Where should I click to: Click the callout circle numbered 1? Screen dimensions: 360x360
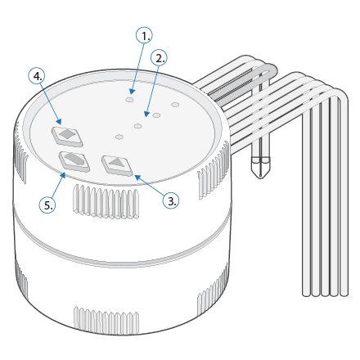point(144,35)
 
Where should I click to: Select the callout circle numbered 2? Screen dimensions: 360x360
point(159,57)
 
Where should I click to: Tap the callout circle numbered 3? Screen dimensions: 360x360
point(171,200)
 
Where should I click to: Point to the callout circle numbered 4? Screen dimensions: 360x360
point(37,76)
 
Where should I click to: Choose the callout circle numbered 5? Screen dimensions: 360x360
point(47,205)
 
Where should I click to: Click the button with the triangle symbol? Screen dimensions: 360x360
point(117,165)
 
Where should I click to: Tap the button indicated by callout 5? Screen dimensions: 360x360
point(74,161)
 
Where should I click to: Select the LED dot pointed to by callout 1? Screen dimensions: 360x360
point(129,100)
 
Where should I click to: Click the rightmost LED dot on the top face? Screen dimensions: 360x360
point(175,105)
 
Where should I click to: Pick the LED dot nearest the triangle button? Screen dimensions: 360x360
point(119,137)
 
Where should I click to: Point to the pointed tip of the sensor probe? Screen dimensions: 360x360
point(261,178)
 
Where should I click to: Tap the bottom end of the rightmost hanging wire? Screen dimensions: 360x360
point(344,295)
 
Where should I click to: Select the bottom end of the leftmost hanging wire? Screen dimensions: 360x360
point(307,295)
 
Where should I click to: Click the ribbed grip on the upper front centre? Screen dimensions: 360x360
point(106,201)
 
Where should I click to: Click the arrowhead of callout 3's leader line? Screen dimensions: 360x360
point(137,178)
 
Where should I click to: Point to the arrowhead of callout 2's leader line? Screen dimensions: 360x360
point(147,114)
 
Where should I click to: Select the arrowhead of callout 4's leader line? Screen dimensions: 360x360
point(58,121)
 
